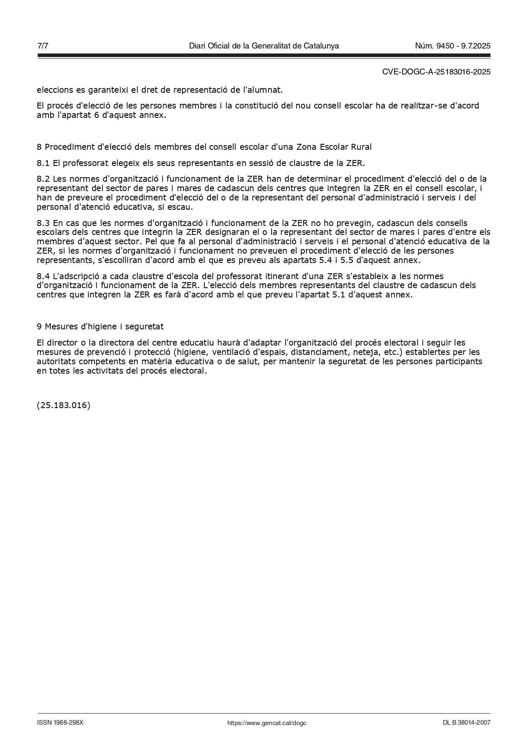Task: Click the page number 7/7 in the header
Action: click(43, 46)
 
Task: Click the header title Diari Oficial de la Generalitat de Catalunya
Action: click(264, 46)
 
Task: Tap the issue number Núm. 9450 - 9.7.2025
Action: click(453, 46)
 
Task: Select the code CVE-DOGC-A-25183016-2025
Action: click(436, 72)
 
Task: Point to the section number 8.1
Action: click(43, 163)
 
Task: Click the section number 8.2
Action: click(43, 179)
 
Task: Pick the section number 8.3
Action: click(43, 223)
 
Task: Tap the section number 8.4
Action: click(43, 277)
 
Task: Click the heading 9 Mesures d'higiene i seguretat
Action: click(100, 326)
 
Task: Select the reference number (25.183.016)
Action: click(63, 405)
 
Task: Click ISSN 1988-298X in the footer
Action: click(60, 723)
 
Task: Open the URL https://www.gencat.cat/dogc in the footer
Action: click(267, 723)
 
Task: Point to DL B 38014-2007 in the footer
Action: click(466, 723)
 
